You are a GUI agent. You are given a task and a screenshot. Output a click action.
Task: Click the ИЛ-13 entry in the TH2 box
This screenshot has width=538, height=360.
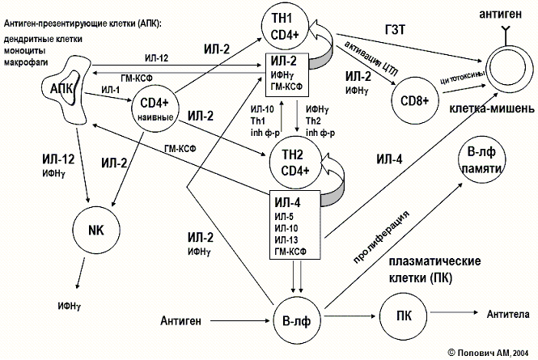[288, 239]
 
